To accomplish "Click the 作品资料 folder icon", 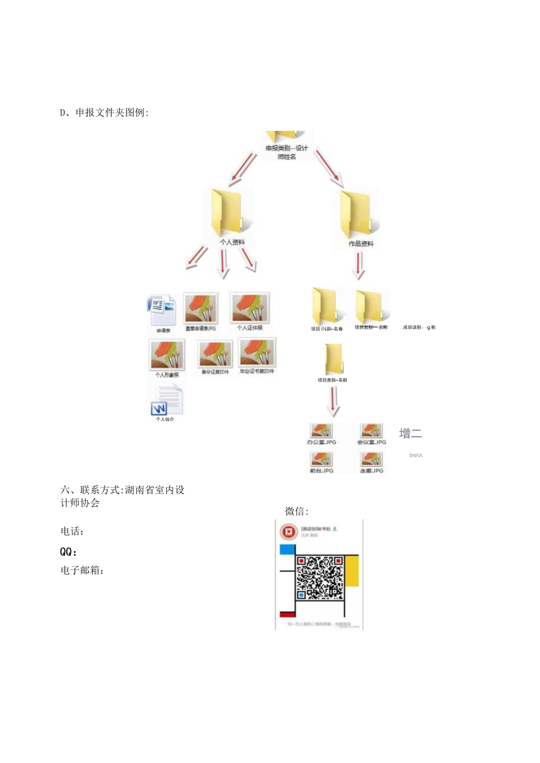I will tap(356, 212).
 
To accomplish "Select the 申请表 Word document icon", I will tap(161, 310).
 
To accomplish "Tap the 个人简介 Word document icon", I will tap(167, 400).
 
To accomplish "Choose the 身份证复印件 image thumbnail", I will tap(215, 354).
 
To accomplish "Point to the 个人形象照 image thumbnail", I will tap(167, 354).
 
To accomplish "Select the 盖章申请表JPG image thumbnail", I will tap(201, 308).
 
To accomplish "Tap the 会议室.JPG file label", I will tap(372, 442).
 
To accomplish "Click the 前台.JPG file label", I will tap(320, 470).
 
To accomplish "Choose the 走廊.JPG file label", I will tap(372, 470).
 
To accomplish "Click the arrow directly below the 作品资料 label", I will tap(359, 266).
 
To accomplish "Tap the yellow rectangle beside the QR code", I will tap(352, 571).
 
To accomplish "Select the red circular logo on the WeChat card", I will tap(288, 531).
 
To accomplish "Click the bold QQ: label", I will tap(69, 552).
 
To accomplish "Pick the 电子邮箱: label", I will tap(82, 569).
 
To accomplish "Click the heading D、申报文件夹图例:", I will tap(104, 113).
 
